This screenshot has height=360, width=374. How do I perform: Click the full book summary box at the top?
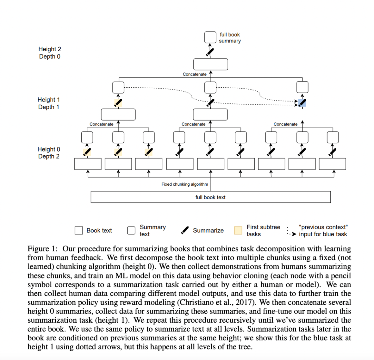210,37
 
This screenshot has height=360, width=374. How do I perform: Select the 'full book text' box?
211,197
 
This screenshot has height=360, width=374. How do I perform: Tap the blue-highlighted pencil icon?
302,103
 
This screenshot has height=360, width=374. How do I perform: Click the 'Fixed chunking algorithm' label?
184,184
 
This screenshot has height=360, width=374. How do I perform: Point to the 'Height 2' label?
50,49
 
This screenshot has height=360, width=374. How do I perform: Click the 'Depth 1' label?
49,107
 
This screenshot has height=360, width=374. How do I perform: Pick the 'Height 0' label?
49,149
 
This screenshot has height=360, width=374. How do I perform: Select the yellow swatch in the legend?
238,231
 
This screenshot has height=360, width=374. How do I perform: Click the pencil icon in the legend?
184,230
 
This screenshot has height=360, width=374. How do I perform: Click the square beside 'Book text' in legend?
79,231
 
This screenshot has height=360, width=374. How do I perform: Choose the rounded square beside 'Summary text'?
131,231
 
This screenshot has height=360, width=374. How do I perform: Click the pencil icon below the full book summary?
210,52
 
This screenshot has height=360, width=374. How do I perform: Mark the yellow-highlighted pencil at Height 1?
118,103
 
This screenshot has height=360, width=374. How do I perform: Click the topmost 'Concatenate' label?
195,74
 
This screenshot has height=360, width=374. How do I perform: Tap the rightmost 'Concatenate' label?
285,124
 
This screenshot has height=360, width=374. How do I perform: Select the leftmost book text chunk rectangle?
88,164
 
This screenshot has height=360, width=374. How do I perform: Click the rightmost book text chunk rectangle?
333,164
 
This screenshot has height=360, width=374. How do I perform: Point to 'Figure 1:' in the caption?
42,249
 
